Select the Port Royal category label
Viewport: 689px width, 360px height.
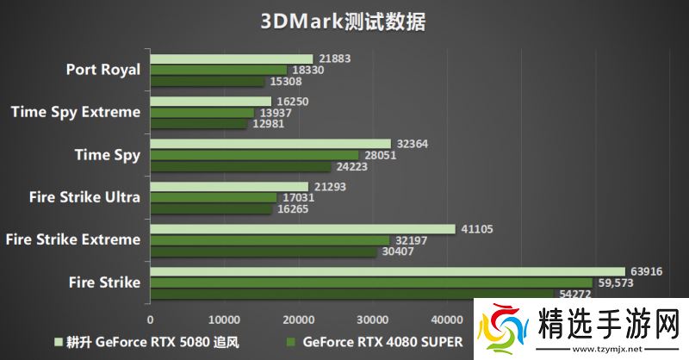[x=102, y=70]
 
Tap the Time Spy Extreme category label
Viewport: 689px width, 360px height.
[x=76, y=111]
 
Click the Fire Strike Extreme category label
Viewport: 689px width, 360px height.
[x=72, y=239]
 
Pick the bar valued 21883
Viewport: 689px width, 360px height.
[x=231, y=59]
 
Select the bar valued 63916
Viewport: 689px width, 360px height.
[x=388, y=271]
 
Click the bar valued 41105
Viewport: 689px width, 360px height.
[x=302, y=229]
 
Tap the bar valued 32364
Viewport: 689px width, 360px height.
[x=270, y=144]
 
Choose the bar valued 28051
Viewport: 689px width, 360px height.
[x=253, y=155]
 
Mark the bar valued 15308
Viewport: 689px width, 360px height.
[x=207, y=81]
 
